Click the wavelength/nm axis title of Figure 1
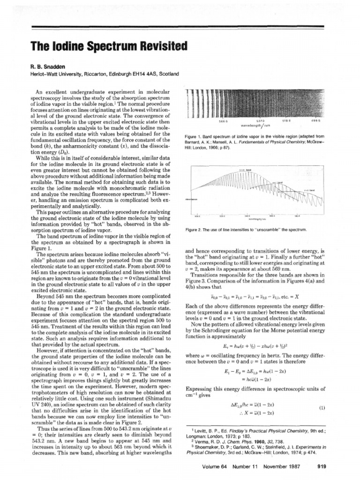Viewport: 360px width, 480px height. coord(256,125)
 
